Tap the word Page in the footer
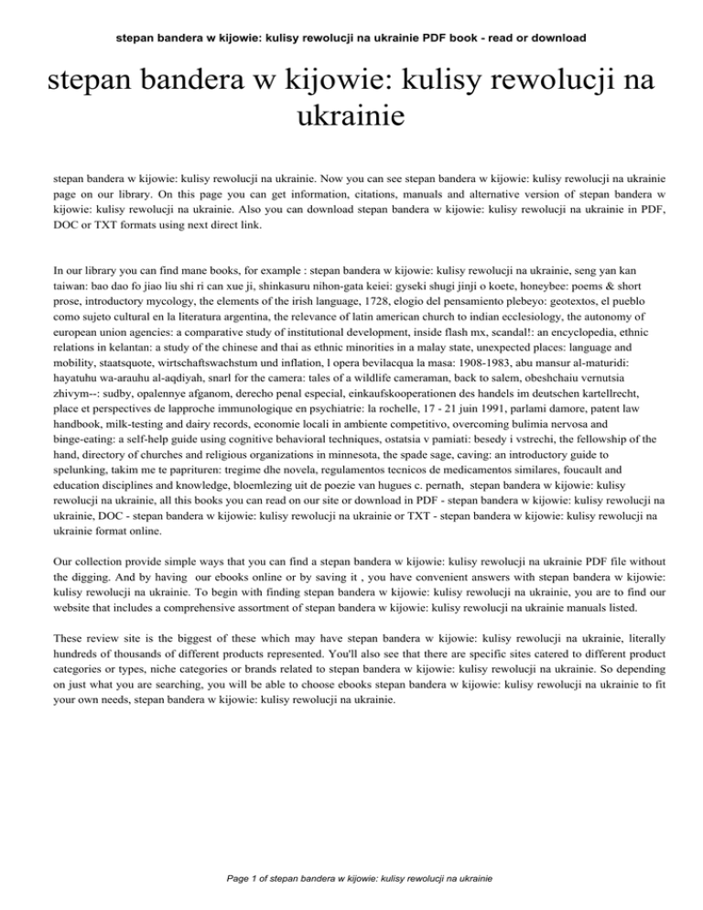pos(222,879)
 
